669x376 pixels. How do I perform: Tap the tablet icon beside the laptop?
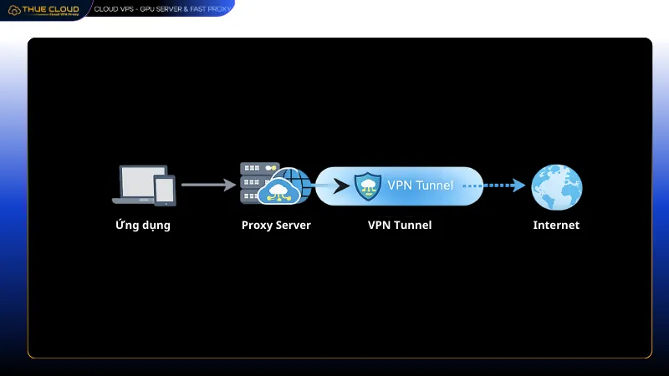click(165, 190)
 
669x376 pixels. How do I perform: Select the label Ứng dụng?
click(143, 226)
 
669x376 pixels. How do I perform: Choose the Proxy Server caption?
click(275, 226)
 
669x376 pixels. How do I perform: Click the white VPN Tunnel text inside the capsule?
click(420, 185)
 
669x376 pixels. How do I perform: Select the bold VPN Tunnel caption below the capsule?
click(399, 226)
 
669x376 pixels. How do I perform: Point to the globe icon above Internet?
click(556, 185)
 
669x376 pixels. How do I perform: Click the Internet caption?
click(556, 226)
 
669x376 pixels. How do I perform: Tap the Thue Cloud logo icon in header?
click(14, 11)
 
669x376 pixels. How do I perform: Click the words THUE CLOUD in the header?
click(51, 9)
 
